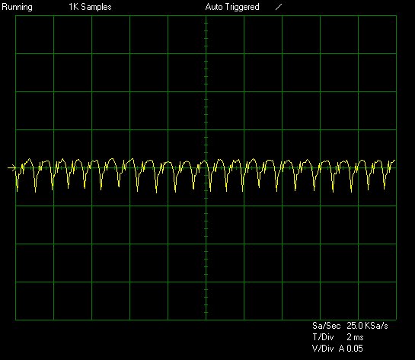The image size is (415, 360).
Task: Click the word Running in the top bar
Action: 17,8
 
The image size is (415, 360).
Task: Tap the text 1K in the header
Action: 74,7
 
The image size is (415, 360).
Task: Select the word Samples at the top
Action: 97,7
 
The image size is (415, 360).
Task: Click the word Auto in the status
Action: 214,7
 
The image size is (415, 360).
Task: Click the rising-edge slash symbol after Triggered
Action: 279,7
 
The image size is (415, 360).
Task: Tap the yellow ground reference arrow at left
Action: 11,167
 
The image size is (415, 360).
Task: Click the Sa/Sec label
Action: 327,325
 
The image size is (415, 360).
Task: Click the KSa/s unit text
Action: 376,325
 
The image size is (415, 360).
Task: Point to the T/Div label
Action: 323,337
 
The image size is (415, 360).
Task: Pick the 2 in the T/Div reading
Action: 349,337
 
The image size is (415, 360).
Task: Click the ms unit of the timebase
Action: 359,338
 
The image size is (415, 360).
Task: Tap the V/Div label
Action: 323,349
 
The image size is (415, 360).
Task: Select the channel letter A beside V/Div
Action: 342,349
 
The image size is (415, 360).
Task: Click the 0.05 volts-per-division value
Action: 355,349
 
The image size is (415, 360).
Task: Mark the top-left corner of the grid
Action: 16,16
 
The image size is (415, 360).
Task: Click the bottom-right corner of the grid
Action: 396,320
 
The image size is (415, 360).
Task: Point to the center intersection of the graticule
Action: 206,167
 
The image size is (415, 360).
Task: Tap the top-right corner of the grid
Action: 396,16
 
